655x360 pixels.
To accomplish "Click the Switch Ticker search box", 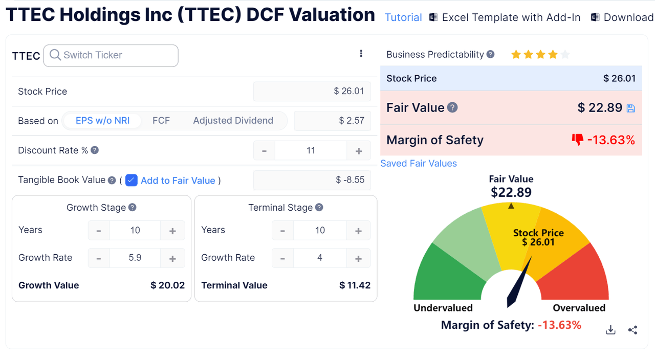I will pyautogui.click(x=111, y=55).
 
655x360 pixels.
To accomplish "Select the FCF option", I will pyautogui.click(x=161, y=121).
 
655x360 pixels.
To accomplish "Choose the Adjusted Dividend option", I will pyautogui.click(x=233, y=121).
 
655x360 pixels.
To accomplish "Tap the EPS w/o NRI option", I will pyautogui.click(x=102, y=121).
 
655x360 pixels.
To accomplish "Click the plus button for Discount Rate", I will pyautogui.click(x=359, y=151).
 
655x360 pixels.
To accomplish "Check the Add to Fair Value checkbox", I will pyautogui.click(x=132, y=180).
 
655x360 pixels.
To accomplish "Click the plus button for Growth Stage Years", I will pyautogui.click(x=172, y=231).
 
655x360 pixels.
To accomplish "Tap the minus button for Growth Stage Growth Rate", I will pyautogui.click(x=99, y=258).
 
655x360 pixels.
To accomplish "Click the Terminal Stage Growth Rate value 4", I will pyautogui.click(x=320, y=258).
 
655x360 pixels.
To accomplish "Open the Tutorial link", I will pyautogui.click(x=403, y=17).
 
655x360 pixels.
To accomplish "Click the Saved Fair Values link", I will pyautogui.click(x=419, y=164).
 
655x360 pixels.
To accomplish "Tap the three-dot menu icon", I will pyautogui.click(x=361, y=54).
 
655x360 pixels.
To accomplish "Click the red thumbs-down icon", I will pyautogui.click(x=578, y=140).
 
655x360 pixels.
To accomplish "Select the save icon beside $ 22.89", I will pyautogui.click(x=631, y=108).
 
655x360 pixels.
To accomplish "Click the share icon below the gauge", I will pyautogui.click(x=632, y=330).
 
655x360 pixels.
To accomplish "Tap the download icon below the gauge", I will pyautogui.click(x=610, y=330).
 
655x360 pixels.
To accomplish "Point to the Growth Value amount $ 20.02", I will pyautogui.click(x=167, y=285).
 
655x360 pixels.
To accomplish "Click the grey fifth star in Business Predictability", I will pyautogui.click(x=565, y=55).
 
